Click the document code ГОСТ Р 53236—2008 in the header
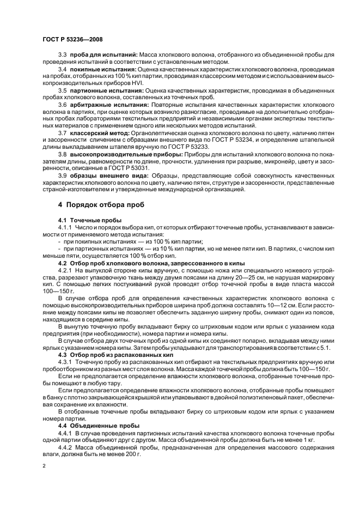72,40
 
